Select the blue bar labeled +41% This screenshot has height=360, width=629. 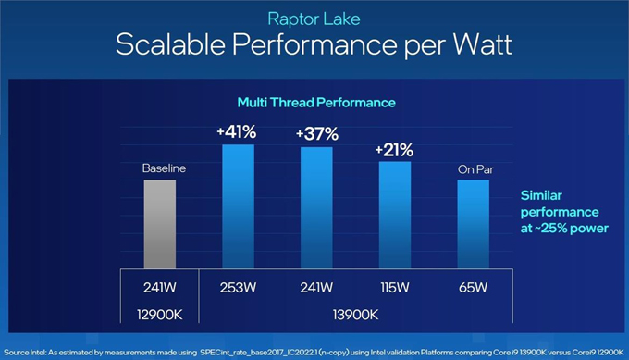(237, 205)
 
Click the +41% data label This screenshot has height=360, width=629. (237, 132)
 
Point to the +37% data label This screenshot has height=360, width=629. (315, 134)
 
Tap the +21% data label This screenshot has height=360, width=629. (395, 150)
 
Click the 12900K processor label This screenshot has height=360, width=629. (159, 314)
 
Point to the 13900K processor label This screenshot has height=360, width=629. (355, 314)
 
